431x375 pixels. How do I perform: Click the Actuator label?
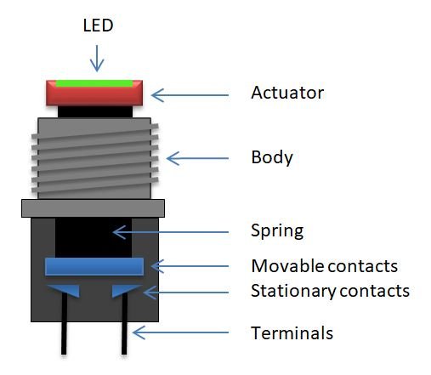[x=287, y=92]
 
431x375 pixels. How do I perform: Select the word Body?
[x=272, y=157]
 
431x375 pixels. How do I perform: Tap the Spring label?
[x=277, y=230]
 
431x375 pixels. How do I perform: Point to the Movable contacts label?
[x=324, y=266]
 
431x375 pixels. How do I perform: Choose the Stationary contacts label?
[x=330, y=291]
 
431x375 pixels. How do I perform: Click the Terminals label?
[x=292, y=332]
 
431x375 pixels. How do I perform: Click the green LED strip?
[x=94, y=83]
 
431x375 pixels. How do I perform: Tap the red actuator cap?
[x=94, y=94]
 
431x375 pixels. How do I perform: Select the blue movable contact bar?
[x=94, y=266]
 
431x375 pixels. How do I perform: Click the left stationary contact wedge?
[x=65, y=291]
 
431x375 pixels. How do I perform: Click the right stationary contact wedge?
[x=125, y=291]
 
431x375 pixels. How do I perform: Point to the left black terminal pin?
[x=64, y=336]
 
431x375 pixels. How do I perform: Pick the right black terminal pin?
[x=125, y=336]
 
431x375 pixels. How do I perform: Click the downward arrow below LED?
[x=98, y=57]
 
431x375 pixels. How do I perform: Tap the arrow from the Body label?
[x=197, y=158]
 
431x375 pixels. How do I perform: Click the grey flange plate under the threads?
[x=94, y=207]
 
